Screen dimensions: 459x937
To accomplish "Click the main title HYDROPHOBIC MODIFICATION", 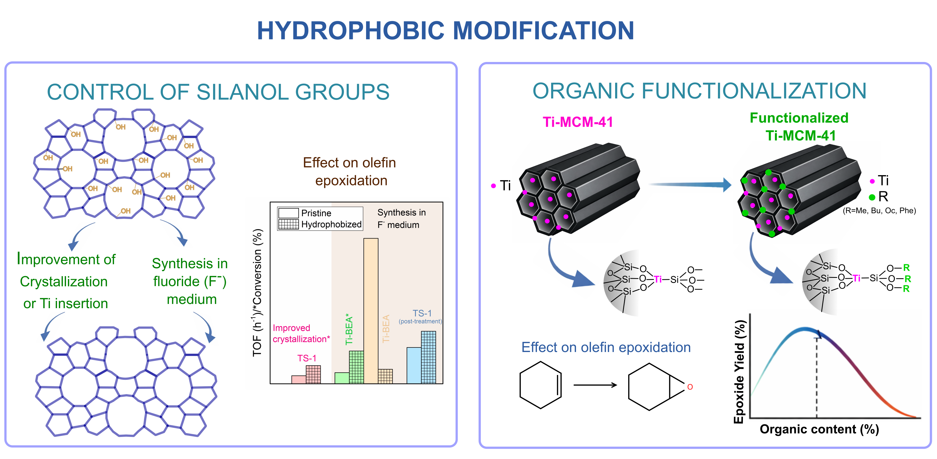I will click(x=446, y=31).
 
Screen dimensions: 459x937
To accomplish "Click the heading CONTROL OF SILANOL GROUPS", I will click(x=218, y=92).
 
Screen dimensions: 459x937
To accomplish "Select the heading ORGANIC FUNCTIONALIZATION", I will click(x=699, y=91).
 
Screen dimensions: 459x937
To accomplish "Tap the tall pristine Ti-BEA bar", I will click(x=371, y=311).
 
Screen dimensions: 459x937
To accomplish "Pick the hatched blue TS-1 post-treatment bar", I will click(x=428, y=357).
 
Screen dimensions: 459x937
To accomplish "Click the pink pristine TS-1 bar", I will click(x=299, y=379).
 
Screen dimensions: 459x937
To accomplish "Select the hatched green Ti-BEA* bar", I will click(x=356, y=367).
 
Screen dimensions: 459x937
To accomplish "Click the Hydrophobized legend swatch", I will click(x=288, y=224).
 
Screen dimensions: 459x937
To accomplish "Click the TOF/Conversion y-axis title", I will click(x=257, y=293).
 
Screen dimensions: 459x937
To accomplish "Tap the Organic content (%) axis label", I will click(x=819, y=429).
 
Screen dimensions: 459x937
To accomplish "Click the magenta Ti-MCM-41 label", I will click(x=578, y=122).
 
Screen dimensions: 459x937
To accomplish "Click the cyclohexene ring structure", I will click(x=541, y=385).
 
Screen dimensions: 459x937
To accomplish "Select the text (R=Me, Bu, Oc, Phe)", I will click(x=879, y=211).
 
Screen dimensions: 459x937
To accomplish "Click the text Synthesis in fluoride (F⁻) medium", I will click(x=190, y=281).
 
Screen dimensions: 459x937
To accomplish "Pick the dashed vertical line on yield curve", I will click(x=817, y=378).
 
